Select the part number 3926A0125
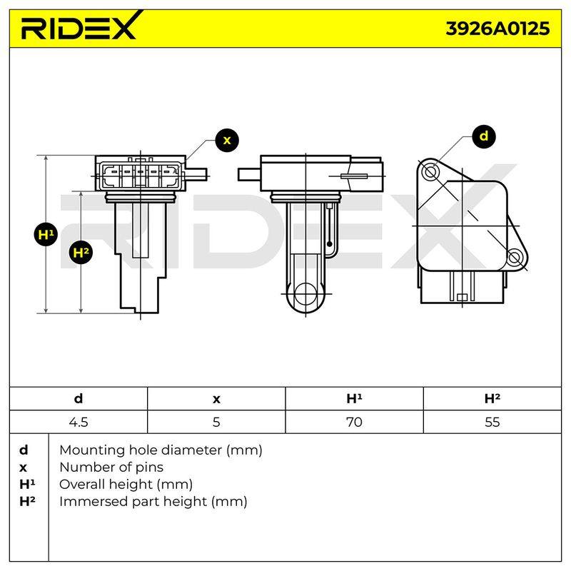(x=497, y=29)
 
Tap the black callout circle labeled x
(x=227, y=140)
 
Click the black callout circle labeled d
(x=484, y=136)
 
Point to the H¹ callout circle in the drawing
(x=46, y=234)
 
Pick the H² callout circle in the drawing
(x=81, y=252)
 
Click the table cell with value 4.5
(x=79, y=422)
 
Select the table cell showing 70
(x=354, y=422)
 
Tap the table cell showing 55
(x=492, y=422)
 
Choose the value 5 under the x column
(x=216, y=422)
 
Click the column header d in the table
(x=79, y=399)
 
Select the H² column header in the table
(x=492, y=399)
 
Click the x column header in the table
(x=216, y=400)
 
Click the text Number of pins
(x=111, y=468)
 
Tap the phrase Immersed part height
(x=133, y=502)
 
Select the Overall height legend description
(x=126, y=485)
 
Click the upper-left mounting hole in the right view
(x=431, y=171)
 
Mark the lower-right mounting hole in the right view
(x=514, y=258)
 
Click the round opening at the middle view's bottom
(x=305, y=294)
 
